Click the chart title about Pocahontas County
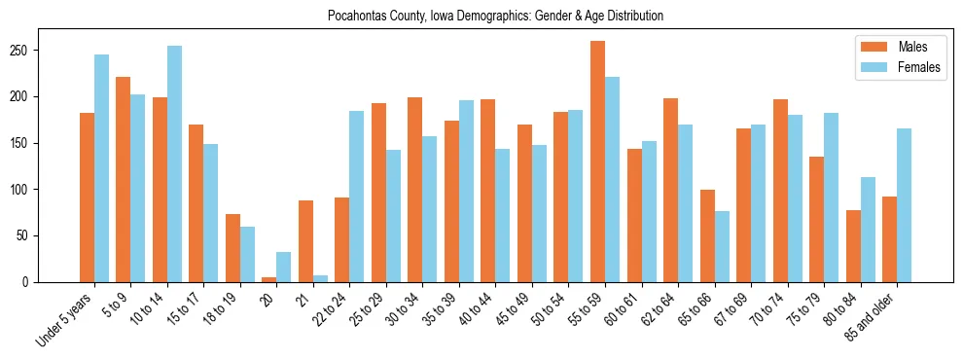tap(481, 16)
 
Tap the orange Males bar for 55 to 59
tap(597, 162)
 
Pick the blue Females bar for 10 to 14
tap(174, 164)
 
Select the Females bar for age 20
tap(283, 268)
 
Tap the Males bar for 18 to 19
tap(232, 248)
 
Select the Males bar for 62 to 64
tap(670, 191)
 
